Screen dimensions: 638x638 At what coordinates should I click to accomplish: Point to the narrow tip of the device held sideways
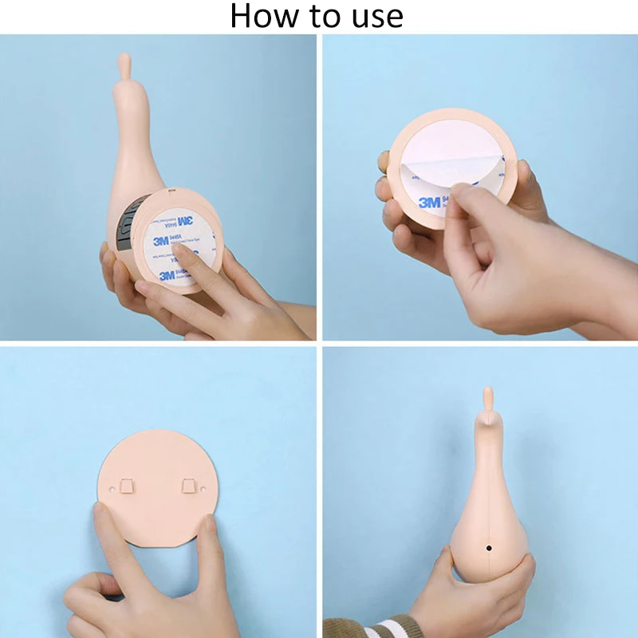124,62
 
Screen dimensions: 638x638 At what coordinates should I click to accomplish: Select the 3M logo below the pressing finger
167,275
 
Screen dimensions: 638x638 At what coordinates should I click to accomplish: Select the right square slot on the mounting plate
189,485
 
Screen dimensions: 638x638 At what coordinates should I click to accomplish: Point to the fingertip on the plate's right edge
209,526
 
